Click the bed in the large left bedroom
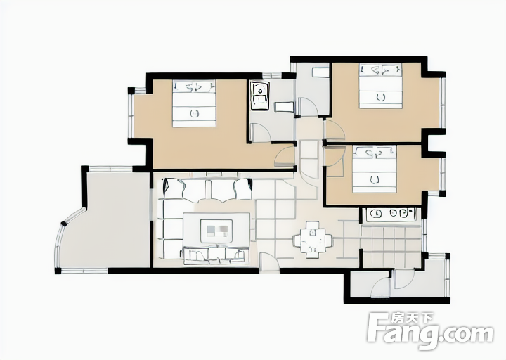pyautogui.click(x=194, y=103)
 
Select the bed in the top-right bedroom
pyautogui.click(x=381, y=86)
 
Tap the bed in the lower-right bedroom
pyautogui.click(x=375, y=169)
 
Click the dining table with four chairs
pyautogui.click(x=312, y=240)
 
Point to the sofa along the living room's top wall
pyautogui.click(x=207, y=190)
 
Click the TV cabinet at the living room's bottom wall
pyautogui.click(x=216, y=255)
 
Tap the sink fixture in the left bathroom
pyautogui.click(x=260, y=96)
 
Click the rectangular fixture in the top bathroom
pyautogui.click(x=320, y=72)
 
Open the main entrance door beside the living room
pyautogui.click(x=269, y=262)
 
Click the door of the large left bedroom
pyautogui.click(x=284, y=155)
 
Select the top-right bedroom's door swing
pyautogui.click(x=335, y=130)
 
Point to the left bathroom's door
pyautogui.click(x=261, y=133)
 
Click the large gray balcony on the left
pyautogui.click(x=107, y=219)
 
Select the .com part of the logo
pyautogui.click(x=467, y=333)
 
